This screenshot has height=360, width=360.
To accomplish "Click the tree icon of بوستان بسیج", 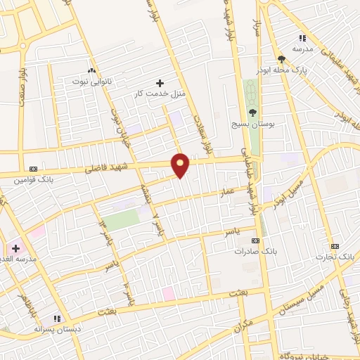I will point(252,112).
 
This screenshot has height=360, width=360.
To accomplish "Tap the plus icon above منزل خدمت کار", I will point(160,82).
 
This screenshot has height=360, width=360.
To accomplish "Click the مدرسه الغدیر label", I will point(26,258).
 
